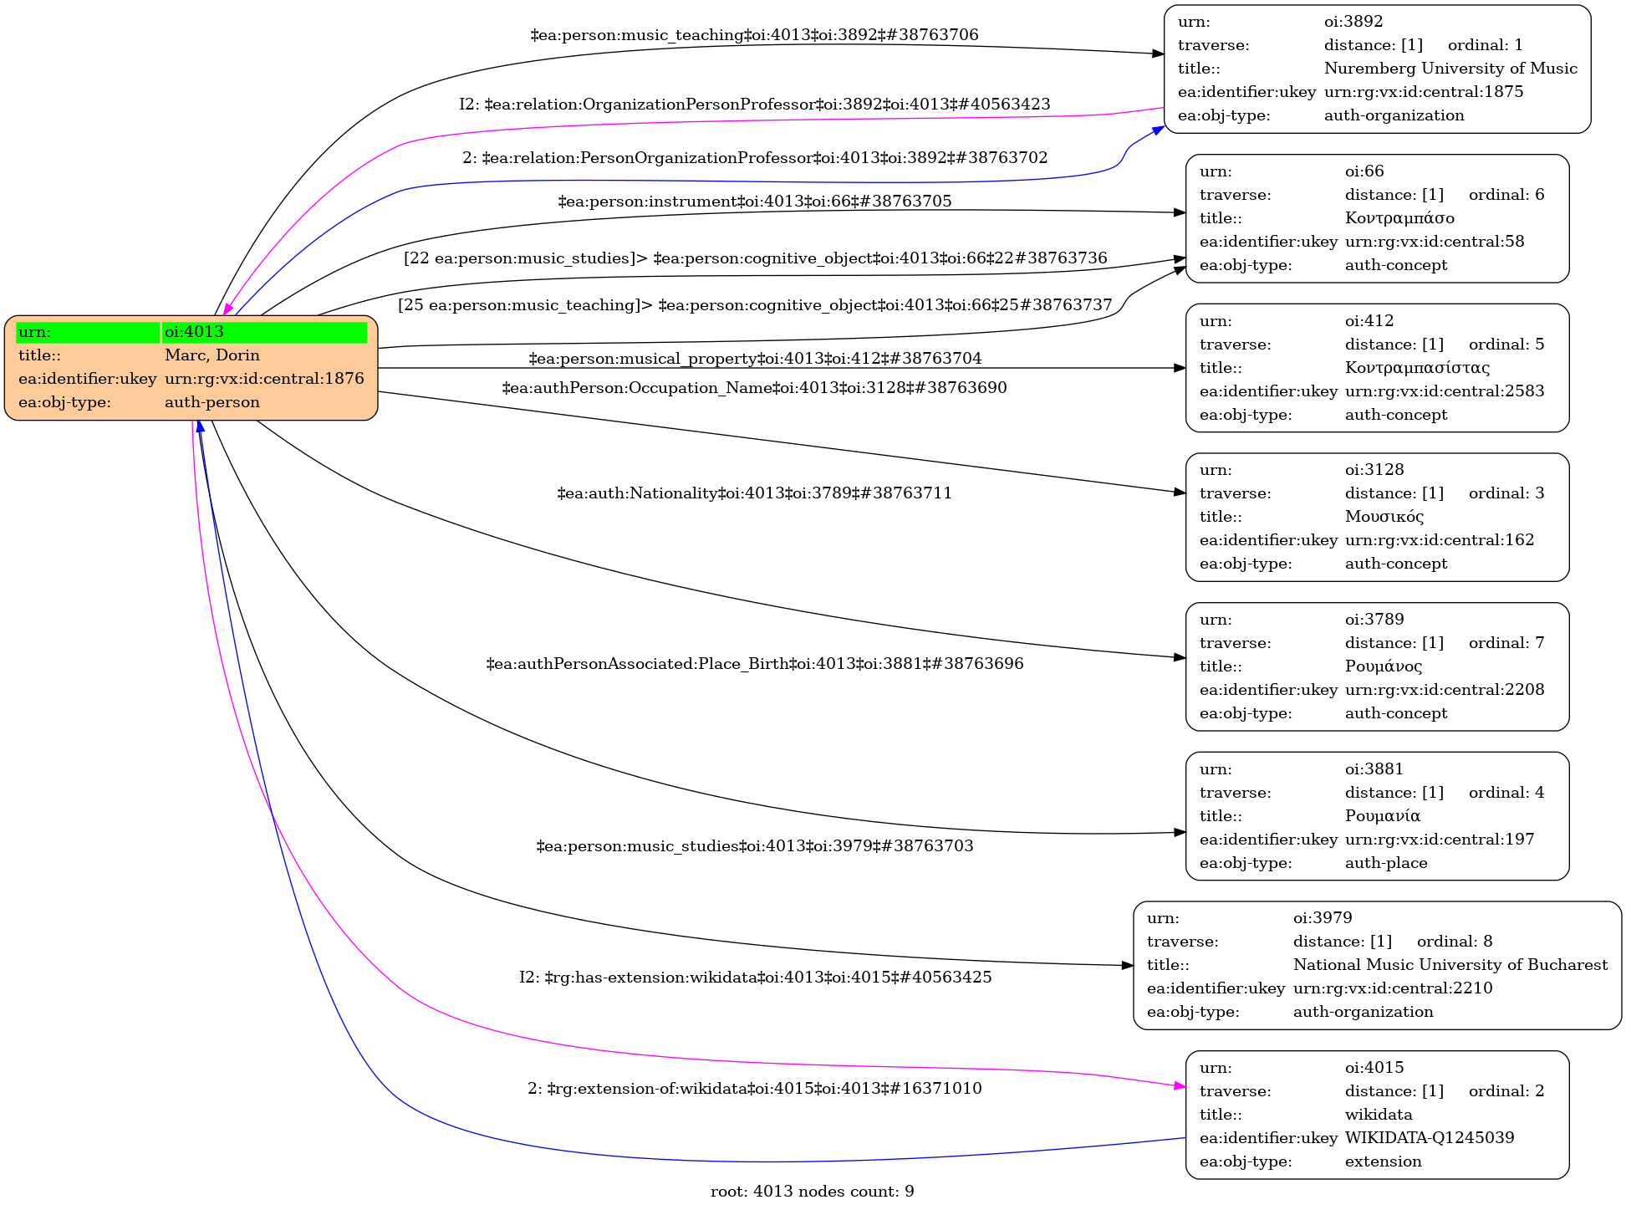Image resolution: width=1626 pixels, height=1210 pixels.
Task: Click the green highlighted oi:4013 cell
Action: pyautogui.click(x=264, y=332)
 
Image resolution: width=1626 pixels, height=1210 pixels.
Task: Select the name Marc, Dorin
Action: pyautogui.click(x=212, y=355)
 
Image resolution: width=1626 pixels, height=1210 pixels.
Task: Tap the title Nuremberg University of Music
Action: pyautogui.click(x=1450, y=69)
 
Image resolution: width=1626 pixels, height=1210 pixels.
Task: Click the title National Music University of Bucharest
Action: pyautogui.click(x=1450, y=965)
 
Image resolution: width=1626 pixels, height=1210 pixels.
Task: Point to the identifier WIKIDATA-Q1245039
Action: pyautogui.click(x=1430, y=1138)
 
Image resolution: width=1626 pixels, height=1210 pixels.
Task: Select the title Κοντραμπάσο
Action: pyautogui.click(x=1399, y=218)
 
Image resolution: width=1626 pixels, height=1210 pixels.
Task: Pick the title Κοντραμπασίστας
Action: pyautogui.click(x=1417, y=368)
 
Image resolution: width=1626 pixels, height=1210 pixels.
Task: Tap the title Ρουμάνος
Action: pyautogui.click(x=1384, y=666)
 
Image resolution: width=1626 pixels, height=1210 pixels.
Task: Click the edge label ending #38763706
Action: pyautogui.click(x=754, y=35)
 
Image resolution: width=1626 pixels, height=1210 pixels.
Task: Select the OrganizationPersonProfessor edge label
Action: pyautogui.click(x=754, y=105)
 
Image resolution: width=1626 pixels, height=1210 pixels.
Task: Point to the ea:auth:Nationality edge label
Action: pyautogui.click(x=754, y=493)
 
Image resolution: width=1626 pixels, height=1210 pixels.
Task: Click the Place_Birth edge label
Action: pyautogui.click(x=754, y=664)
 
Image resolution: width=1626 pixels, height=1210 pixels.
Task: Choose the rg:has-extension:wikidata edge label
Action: pyautogui.click(x=755, y=978)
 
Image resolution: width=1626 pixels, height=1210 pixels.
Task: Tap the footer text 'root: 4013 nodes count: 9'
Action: pyautogui.click(x=812, y=1192)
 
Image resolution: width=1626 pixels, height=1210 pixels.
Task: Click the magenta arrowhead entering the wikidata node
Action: pyautogui.click(x=1180, y=1086)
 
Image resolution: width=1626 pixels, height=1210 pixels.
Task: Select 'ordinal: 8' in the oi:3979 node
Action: pyautogui.click(x=1455, y=942)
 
